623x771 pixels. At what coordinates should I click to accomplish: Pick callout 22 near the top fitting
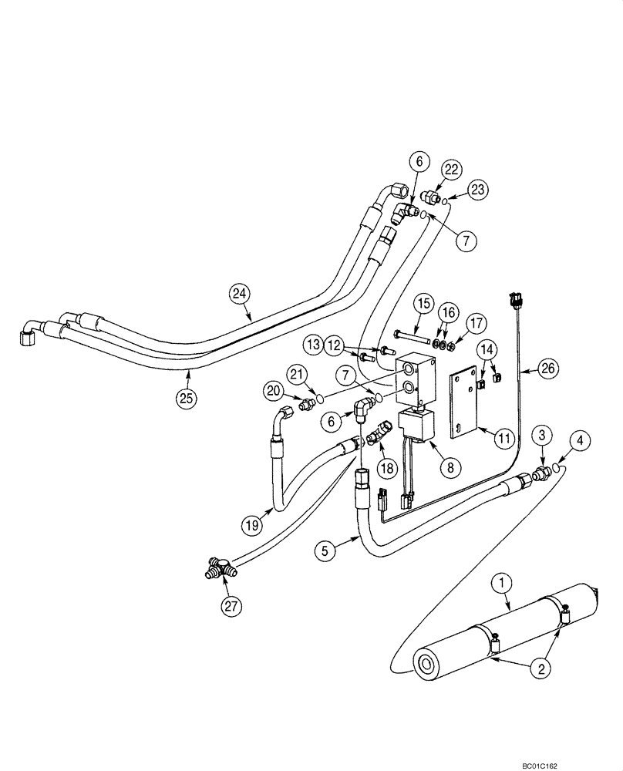pyautogui.click(x=450, y=169)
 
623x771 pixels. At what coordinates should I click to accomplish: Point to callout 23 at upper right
pyautogui.click(x=478, y=189)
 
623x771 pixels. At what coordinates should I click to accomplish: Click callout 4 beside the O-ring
pyautogui.click(x=579, y=443)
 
